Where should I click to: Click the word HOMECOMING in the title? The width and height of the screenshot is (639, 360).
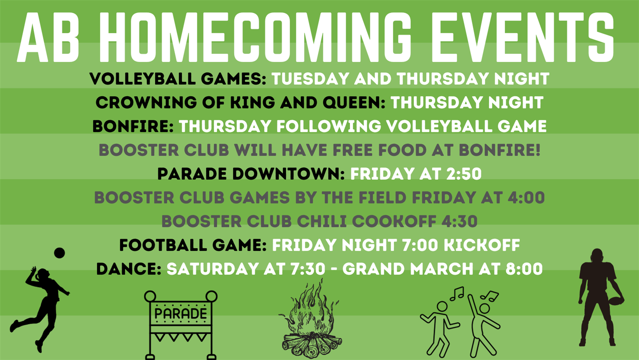click(255, 38)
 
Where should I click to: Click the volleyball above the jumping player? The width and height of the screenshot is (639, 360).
click(60, 253)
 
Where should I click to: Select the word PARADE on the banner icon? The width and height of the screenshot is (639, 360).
click(180, 314)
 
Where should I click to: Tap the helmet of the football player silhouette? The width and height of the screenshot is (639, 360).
click(597, 255)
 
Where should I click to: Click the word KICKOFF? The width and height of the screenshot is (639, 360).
click(482, 245)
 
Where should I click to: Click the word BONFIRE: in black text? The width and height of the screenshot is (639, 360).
click(133, 126)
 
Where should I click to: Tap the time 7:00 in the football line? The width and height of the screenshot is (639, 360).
click(420, 245)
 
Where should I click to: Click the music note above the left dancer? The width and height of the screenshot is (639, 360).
click(457, 294)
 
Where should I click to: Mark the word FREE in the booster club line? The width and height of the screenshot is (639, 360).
click(353, 150)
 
